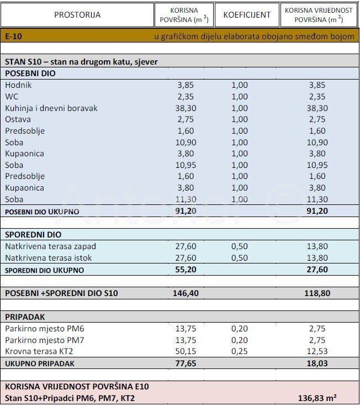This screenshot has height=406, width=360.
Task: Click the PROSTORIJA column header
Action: click(77, 15)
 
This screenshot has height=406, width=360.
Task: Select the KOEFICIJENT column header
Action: click(247, 15)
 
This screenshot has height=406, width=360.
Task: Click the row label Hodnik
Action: click(18, 85)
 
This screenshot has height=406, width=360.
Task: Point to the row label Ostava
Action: click(18, 119)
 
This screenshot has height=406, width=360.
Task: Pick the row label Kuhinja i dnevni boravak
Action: click(51, 108)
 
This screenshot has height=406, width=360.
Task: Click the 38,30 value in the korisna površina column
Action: click(186, 108)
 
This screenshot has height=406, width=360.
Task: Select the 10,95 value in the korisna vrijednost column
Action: click(317, 165)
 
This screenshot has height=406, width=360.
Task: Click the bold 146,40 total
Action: click(186, 293)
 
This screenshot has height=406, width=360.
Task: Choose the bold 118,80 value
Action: click(317, 293)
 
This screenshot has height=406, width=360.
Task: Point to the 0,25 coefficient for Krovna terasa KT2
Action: click(239, 351)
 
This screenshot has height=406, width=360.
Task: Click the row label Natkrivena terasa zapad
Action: click(46, 246)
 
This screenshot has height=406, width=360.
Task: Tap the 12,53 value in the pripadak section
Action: click(317, 351)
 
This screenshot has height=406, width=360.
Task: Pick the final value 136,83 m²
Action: click(317, 398)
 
